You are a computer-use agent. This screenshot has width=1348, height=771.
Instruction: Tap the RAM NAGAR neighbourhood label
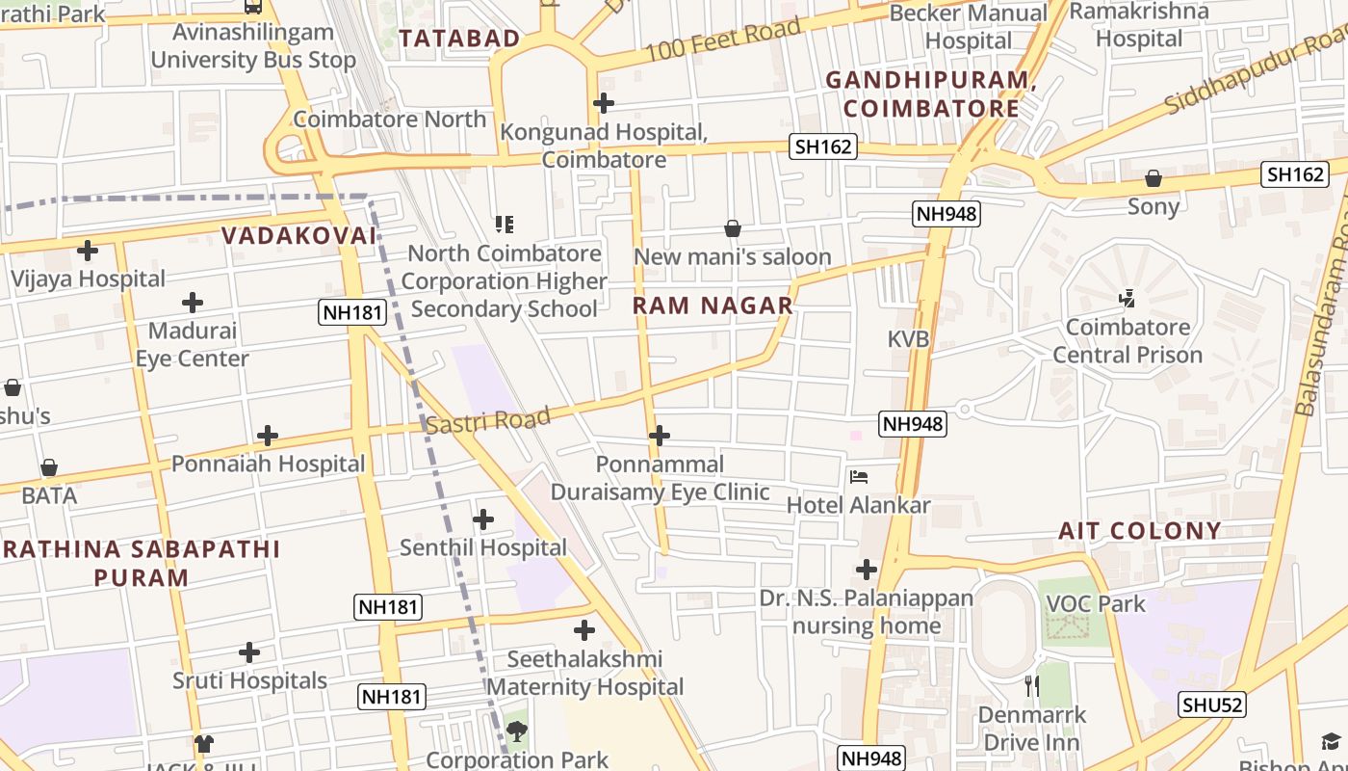tap(713, 306)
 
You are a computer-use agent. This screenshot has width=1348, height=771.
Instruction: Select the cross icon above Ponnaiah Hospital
tap(268, 436)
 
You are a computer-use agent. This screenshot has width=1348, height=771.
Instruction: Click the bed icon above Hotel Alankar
tap(859, 477)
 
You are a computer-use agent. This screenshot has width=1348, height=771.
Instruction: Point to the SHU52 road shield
tap(1212, 705)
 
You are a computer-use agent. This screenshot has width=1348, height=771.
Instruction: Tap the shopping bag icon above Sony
tap(1154, 178)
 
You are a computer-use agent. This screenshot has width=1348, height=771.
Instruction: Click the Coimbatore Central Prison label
tap(1128, 341)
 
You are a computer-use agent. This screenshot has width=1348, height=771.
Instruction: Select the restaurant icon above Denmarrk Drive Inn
tap(1032, 686)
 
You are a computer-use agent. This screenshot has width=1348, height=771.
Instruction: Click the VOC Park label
tap(1096, 604)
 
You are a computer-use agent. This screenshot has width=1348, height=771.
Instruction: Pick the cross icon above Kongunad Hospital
tap(604, 103)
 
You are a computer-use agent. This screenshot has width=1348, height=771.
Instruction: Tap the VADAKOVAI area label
tap(298, 236)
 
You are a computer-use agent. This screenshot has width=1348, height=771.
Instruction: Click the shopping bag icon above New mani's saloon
tap(733, 228)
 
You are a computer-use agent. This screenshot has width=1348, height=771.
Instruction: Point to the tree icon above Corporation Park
tap(517, 731)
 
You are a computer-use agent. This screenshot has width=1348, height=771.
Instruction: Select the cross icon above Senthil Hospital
tap(483, 520)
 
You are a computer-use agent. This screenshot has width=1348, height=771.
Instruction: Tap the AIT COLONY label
tap(1140, 531)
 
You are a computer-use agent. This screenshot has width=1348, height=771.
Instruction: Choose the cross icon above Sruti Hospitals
tap(249, 653)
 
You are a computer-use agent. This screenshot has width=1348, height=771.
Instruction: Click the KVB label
tap(908, 339)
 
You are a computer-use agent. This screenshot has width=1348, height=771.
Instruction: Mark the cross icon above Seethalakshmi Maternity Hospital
tap(584, 631)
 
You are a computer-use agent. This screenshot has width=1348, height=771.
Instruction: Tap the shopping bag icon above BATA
tap(49, 467)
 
